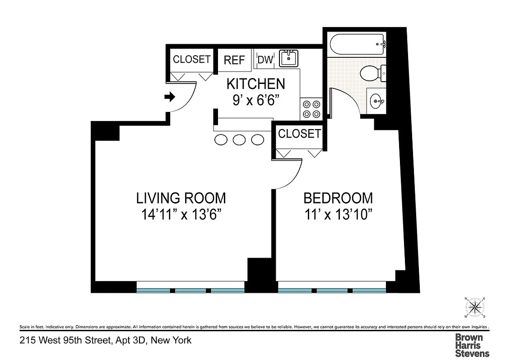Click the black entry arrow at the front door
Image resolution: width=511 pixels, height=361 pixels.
[170, 97]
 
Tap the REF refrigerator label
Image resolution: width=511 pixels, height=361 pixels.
[234, 60]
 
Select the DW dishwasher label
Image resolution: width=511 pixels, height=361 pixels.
[265, 60]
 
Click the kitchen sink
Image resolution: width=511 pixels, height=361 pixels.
[288, 58]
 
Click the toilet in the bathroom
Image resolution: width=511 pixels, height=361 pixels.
[372, 72]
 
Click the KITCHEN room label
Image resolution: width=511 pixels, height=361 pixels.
[255, 84]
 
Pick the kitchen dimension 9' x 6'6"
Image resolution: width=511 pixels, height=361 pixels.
[255, 100]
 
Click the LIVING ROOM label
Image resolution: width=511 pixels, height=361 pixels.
[181, 198]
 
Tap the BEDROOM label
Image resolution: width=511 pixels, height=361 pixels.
[338, 198]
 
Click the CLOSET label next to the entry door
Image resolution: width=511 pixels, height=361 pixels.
[192, 59]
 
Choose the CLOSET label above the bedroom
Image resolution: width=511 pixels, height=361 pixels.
[299, 134]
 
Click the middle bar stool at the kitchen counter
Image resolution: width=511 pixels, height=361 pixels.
[239, 140]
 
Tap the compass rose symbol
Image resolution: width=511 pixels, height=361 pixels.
[475, 308]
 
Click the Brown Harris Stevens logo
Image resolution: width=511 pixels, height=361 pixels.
[472, 345]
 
